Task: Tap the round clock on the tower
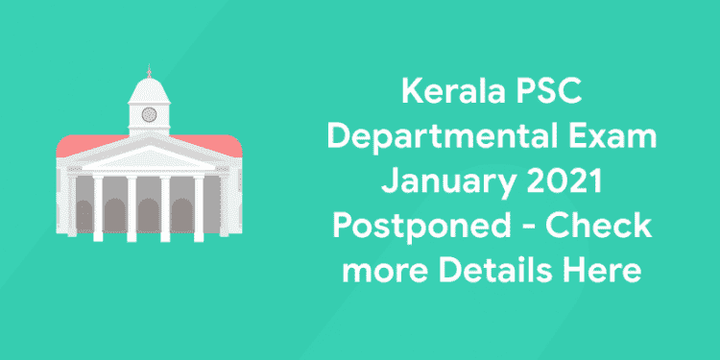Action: point(149,114)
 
